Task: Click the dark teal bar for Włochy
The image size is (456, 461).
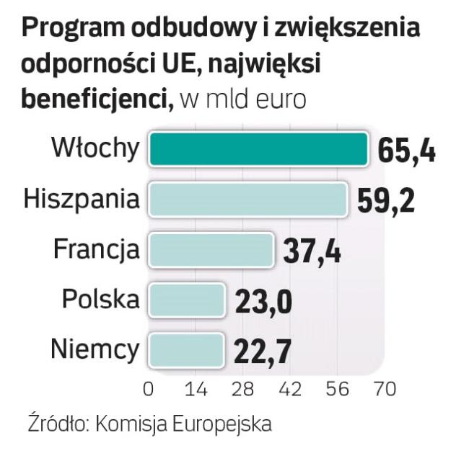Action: pos(258,149)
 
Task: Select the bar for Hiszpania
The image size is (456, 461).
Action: pos(247,200)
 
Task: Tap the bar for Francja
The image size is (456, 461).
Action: pos(211,250)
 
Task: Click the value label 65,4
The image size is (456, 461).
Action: pos(406,151)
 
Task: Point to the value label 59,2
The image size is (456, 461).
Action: pos(386,201)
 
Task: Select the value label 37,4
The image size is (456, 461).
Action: pos(312,251)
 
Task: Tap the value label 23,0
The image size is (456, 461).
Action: pos(263,301)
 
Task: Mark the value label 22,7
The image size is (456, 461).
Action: pos(262,351)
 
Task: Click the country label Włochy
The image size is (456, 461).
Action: pos(95,148)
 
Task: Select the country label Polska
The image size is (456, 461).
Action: pos(100,299)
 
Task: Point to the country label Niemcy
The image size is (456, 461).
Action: pos(95,349)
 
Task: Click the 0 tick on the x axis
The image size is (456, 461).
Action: pos(149,389)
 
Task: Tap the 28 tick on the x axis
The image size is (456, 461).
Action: pos(243,389)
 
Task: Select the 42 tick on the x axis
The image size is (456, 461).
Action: pos(290,389)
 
